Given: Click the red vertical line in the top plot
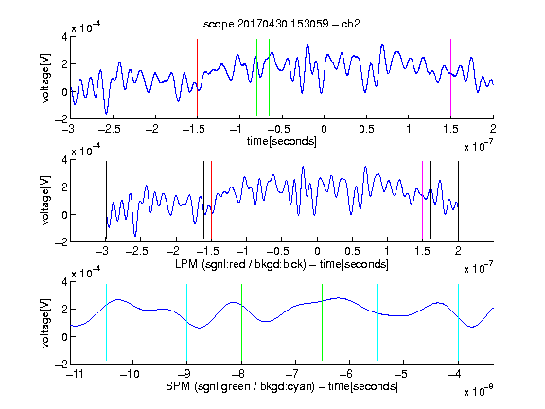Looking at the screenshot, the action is (x=197, y=79).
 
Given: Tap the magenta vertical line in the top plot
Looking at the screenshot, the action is (x=450, y=79).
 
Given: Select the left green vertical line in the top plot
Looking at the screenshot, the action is (x=256, y=77).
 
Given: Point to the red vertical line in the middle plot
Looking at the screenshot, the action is (x=211, y=201).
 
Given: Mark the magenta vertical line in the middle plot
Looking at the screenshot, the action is (x=422, y=201).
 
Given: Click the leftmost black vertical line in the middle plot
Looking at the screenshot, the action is (x=106, y=201).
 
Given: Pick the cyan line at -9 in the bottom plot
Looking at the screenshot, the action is (x=187, y=323).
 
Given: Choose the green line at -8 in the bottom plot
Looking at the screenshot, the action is (x=241, y=323).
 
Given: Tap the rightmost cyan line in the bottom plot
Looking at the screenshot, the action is (x=459, y=323).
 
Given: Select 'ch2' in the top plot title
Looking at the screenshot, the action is (x=350, y=24).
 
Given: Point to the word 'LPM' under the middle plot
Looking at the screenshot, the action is (x=186, y=264).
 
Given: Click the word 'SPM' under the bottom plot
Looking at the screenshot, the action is (x=178, y=386).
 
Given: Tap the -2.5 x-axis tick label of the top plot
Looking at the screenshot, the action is (x=109, y=129).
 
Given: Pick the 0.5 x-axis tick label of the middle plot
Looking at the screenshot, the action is (x=352, y=251).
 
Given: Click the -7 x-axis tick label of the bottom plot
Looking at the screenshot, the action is (x=294, y=374).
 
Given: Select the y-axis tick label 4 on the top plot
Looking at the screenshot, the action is (x=64, y=37).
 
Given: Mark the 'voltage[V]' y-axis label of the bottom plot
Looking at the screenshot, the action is (x=45, y=323).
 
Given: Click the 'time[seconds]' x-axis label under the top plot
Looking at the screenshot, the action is (x=282, y=141).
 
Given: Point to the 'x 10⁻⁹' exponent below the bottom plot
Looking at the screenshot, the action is (x=479, y=391).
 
